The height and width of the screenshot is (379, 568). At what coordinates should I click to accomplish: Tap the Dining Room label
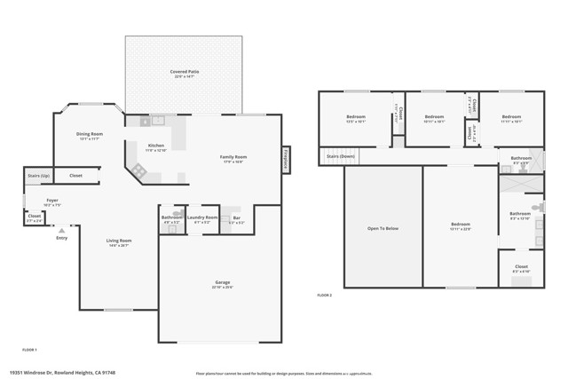coord(90,134)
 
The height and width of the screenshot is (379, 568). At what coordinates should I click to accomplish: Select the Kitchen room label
coord(155,146)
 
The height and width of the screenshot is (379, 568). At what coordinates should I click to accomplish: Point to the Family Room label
coord(233,157)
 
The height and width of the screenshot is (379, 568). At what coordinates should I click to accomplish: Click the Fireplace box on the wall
coord(287,157)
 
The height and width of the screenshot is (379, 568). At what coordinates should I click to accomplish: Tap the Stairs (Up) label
coord(37,176)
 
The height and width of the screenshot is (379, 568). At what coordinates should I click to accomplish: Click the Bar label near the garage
coord(235,217)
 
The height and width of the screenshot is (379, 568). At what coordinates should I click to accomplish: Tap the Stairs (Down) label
coord(341,156)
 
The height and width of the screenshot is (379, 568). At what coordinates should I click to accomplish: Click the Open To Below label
coord(383,228)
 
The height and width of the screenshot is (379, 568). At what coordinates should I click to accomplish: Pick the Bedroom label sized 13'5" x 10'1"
coord(355,117)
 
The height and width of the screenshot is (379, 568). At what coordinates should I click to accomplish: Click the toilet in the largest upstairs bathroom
coord(536,209)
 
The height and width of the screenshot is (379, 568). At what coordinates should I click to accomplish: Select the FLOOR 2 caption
coord(325,295)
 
